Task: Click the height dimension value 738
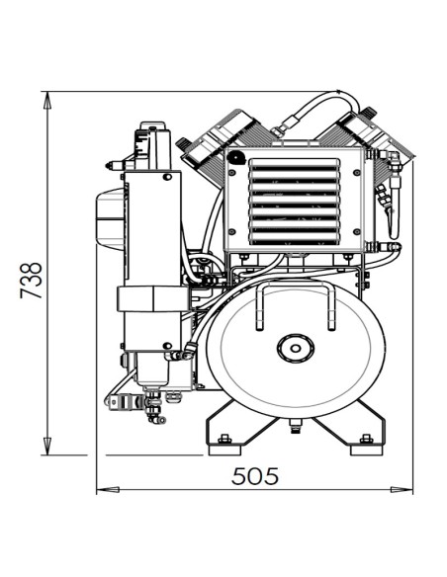click(x=34, y=280)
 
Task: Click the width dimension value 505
click(x=255, y=475)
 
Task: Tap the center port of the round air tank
click(x=295, y=348)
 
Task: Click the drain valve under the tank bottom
click(x=295, y=425)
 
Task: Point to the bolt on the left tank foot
click(x=224, y=439)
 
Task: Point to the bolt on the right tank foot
click(x=367, y=439)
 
